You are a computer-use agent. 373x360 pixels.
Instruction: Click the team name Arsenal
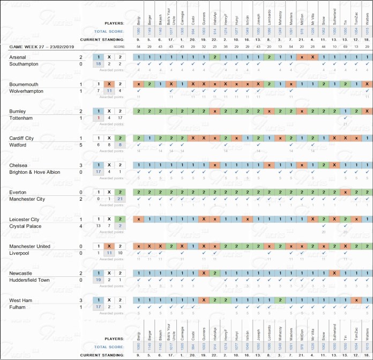pyautogui.click(x=18, y=57)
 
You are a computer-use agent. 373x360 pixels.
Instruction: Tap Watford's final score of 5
pyautogui.click(x=81, y=144)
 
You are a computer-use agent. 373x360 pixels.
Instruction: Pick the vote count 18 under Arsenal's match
pyautogui.click(x=98, y=64)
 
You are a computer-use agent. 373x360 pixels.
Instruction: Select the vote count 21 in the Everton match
pyautogui.click(x=121, y=199)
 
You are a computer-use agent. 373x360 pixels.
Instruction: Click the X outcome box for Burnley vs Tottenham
pyautogui.click(x=109, y=111)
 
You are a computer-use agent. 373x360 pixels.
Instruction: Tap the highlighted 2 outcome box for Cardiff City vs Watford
pyautogui.click(x=121, y=138)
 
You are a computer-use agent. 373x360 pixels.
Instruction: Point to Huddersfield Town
pyautogui.click(x=29, y=280)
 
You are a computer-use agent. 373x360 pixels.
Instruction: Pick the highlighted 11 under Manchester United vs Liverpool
pyautogui.click(x=109, y=253)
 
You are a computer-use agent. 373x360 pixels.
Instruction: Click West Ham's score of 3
pyautogui.click(x=81, y=299)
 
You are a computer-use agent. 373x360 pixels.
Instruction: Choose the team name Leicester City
pyautogui.click(x=24, y=219)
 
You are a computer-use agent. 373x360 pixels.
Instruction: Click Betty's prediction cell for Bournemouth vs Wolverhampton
pyautogui.click(x=139, y=84)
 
